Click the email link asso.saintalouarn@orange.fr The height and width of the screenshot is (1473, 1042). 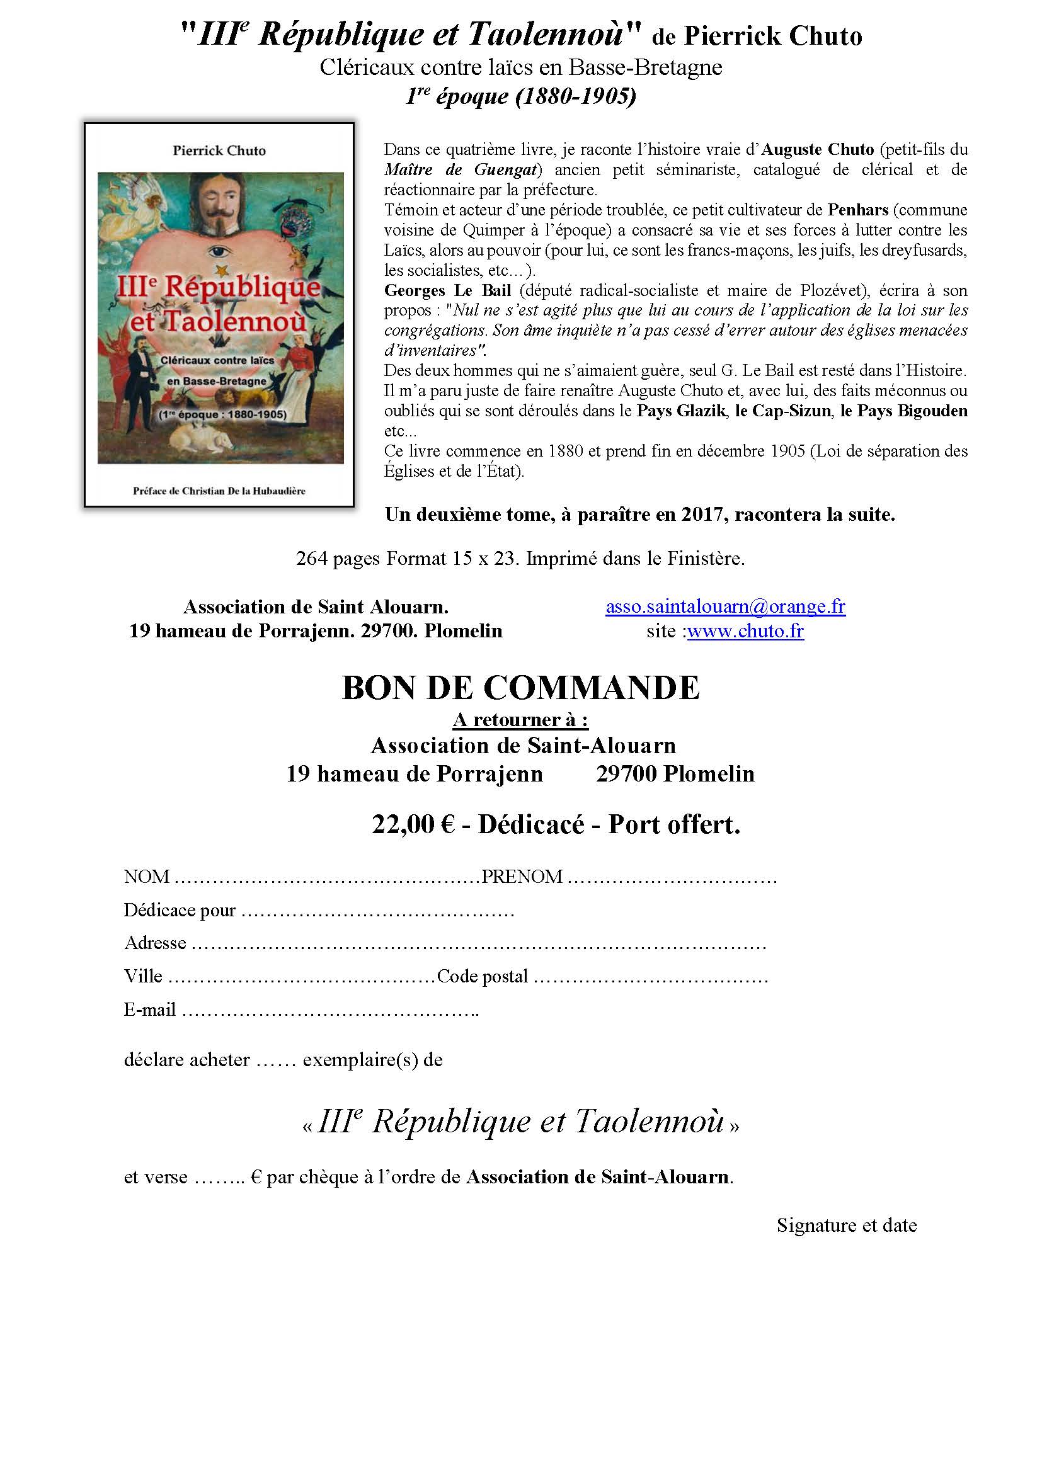[x=725, y=607]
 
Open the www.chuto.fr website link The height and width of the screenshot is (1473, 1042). [x=745, y=631]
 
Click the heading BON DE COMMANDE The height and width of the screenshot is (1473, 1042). [x=520, y=688]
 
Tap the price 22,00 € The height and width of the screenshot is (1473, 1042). [x=413, y=824]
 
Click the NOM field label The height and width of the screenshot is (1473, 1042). [x=146, y=877]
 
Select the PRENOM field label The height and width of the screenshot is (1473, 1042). [x=522, y=877]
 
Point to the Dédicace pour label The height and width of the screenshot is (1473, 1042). [x=180, y=911]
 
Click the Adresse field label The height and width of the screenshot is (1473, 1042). [x=155, y=943]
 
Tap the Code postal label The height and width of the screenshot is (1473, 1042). [x=482, y=977]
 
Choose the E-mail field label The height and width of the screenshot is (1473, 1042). [x=149, y=1009]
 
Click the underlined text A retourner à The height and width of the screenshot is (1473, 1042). [x=520, y=720]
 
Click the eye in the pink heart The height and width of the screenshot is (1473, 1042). [x=220, y=252]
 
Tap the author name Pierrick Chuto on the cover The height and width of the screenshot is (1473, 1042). [x=219, y=151]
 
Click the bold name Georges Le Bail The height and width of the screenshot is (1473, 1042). [x=447, y=290]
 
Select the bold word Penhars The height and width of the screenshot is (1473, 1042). [x=857, y=210]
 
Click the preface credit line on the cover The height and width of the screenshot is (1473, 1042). [x=219, y=491]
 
